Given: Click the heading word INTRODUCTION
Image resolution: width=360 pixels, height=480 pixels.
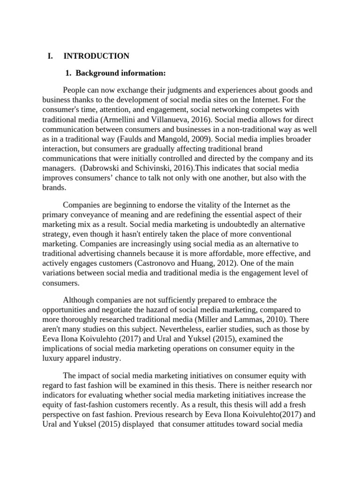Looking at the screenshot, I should coord(96,56).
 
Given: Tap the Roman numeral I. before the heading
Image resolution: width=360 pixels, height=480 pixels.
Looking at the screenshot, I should coord(51,56).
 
